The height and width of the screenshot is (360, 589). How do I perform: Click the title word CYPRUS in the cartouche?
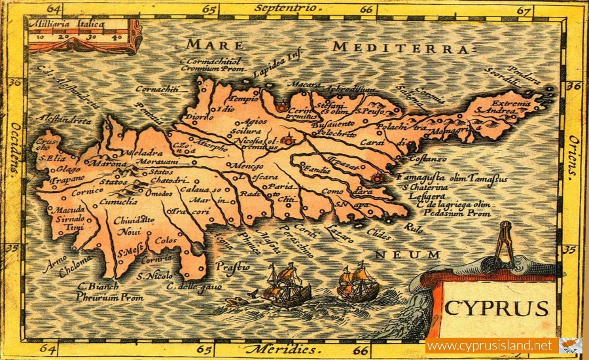(x=497, y=308)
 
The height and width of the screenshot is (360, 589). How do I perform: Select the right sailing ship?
(x=358, y=282)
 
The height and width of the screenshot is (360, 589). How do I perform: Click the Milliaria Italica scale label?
(x=66, y=24)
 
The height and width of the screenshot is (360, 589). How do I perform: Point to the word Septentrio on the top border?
(x=285, y=8)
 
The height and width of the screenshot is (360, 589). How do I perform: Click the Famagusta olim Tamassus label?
(x=452, y=178)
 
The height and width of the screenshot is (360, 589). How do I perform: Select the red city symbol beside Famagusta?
(x=376, y=177)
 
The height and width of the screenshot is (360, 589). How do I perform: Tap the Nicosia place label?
(x=251, y=140)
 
